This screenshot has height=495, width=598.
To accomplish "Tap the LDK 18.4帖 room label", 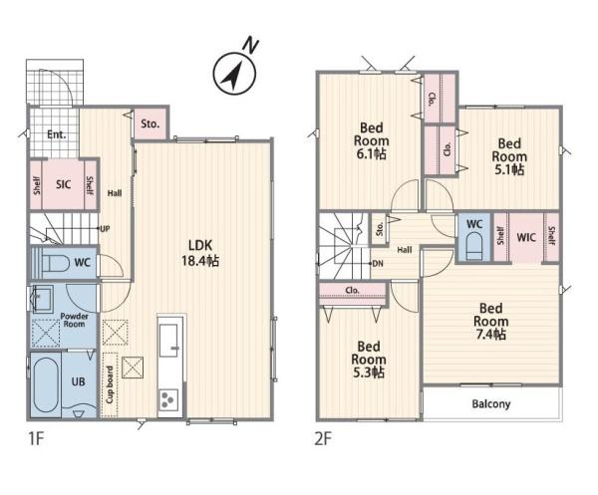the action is click(200, 253).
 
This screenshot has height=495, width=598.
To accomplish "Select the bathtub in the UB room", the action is click(46, 385).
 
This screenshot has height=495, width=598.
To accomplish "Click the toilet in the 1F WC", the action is click(56, 263).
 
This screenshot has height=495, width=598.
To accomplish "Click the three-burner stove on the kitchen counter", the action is click(168, 399).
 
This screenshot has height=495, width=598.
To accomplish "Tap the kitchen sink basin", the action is click(168, 341).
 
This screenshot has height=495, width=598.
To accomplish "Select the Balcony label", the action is click(491, 404).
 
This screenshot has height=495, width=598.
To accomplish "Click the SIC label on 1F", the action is click(64, 185).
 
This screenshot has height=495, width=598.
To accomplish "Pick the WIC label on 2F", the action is click(526, 237).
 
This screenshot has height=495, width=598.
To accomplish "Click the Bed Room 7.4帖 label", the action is click(491, 321).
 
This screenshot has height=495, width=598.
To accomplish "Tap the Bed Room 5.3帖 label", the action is click(369, 360).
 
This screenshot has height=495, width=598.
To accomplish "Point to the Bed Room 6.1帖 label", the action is click(371, 140).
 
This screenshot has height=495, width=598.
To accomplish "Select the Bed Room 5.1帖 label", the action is click(509, 156).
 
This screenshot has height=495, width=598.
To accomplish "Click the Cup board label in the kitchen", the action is click(110, 384).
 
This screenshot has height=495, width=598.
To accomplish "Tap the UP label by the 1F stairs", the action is click(105, 229).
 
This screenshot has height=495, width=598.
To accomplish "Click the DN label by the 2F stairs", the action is click(378, 263).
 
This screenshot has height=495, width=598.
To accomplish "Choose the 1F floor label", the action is click(37, 439).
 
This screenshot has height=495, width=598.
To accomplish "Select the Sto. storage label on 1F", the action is click(149, 124).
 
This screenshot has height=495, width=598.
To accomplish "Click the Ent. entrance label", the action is click(57, 134).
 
